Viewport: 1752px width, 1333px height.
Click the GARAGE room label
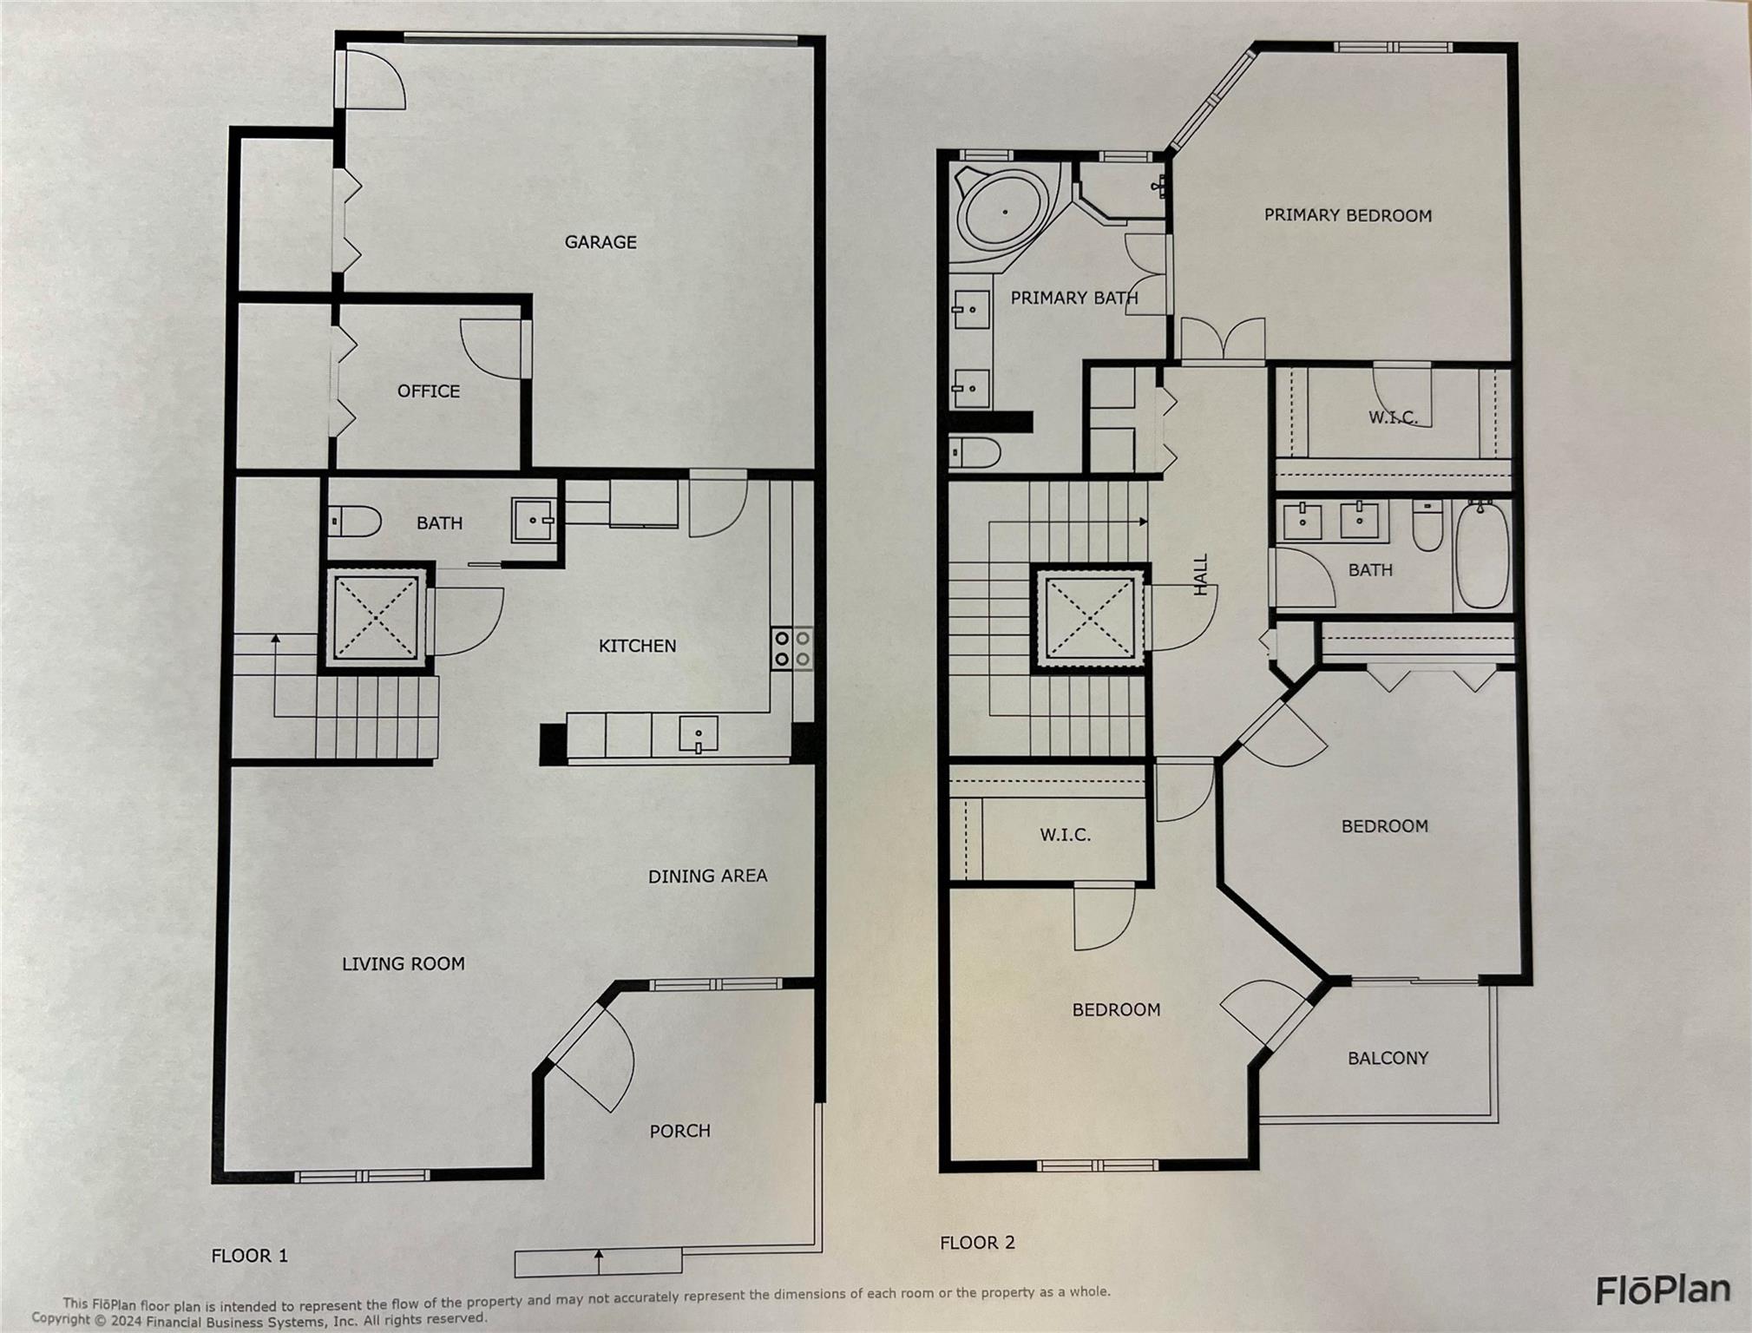point(600,242)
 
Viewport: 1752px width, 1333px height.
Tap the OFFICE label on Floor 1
point(429,391)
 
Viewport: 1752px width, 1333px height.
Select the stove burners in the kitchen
point(792,648)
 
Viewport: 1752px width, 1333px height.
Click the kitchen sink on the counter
point(698,734)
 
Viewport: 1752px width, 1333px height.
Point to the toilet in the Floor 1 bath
point(355,522)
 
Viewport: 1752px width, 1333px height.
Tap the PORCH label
point(679,1131)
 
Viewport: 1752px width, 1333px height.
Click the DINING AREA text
point(707,876)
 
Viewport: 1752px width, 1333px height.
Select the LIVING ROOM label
point(403,963)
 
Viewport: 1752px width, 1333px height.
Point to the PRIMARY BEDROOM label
point(1347,215)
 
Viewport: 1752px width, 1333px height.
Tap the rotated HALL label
point(1201,575)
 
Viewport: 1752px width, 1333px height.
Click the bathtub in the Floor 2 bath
point(1482,555)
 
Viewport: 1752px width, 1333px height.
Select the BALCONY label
point(1388,1058)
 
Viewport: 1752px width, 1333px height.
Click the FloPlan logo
point(1663,1290)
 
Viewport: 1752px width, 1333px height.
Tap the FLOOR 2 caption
point(977,1243)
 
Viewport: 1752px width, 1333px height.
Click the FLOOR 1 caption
point(249,1256)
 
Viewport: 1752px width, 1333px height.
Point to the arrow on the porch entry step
point(598,1261)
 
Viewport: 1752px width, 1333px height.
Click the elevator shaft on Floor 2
point(1091,617)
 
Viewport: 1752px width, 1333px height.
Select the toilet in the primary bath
point(974,452)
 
